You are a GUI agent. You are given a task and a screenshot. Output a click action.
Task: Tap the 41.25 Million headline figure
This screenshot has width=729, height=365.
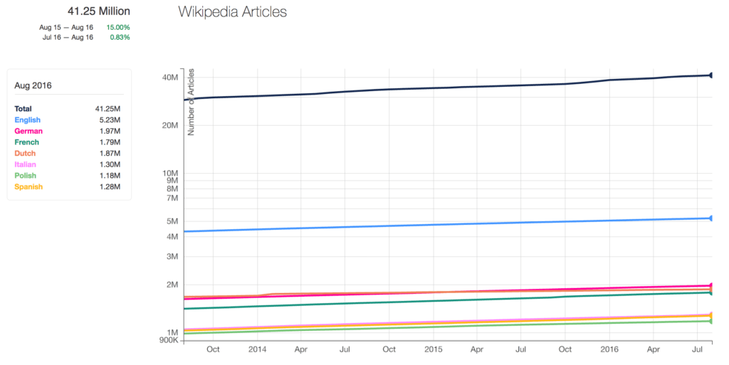99,11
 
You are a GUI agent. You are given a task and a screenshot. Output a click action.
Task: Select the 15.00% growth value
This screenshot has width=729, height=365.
118,27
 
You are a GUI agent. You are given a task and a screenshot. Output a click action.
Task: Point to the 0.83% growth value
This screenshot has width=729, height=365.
120,37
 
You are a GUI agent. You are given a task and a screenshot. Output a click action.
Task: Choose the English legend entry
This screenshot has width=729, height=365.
27,120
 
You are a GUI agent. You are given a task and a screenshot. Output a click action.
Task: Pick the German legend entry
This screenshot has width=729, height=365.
28,131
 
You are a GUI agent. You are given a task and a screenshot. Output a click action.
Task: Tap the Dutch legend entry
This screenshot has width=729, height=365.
25,154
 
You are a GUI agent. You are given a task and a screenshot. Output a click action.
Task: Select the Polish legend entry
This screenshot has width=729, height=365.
26,176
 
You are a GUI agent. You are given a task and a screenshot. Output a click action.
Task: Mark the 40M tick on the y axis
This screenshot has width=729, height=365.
169,77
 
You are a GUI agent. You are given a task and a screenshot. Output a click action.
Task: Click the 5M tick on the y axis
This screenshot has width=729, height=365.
171,221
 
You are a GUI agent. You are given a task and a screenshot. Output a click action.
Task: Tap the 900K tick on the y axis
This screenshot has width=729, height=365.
167,340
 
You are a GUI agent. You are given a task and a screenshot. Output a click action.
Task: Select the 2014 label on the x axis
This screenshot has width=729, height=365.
257,350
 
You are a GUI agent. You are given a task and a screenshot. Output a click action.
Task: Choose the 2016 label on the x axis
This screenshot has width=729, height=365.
609,350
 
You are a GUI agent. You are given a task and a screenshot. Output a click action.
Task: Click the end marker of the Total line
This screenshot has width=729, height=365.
711,75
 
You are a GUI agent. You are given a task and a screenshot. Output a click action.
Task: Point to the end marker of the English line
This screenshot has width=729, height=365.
711,218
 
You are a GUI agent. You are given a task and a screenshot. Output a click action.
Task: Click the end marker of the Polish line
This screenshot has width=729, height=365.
711,321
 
